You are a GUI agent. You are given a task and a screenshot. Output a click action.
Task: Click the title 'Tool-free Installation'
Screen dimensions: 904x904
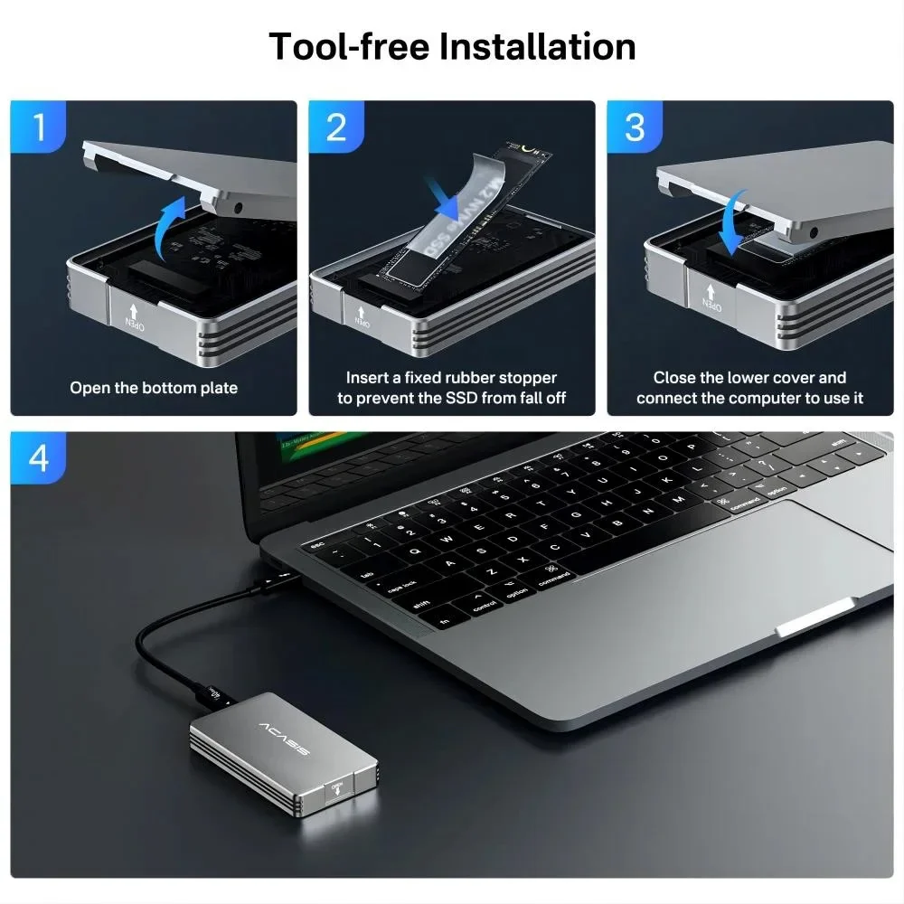tap(452, 46)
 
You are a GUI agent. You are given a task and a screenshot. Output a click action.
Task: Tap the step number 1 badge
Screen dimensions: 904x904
tap(38, 127)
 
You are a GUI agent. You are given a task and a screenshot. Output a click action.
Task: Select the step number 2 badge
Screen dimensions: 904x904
tap(336, 127)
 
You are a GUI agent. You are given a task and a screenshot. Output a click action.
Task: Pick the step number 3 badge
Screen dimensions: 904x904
tap(635, 127)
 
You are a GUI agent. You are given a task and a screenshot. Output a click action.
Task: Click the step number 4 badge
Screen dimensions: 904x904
tap(38, 458)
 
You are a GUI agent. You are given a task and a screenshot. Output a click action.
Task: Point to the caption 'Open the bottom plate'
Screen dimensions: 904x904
tap(154, 388)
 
